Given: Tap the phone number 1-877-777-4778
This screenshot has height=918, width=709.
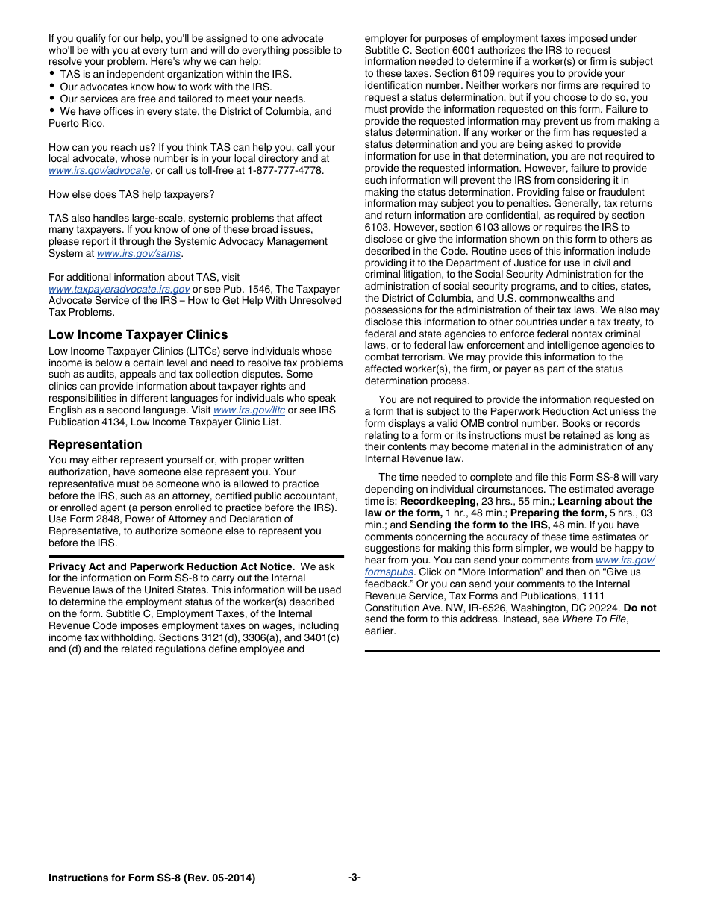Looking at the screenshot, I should pyautogui.click(x=284, y=171).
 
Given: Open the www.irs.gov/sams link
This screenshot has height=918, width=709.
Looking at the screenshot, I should pyautogui.click(x=139, y=254).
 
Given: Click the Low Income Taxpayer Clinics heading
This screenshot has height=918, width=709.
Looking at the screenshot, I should pyautogui.click(x=138, y=334).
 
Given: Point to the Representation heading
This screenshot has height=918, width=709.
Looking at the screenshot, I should pyautogui.click(x=95, y=444).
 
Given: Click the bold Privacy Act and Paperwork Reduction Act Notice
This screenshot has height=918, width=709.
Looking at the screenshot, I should pyautogui.click(x=171, y=566).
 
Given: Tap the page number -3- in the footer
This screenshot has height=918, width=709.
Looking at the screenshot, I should pyautogui.click(x=354, y=878).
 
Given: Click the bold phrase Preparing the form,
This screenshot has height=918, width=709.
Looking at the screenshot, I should pyautogui.click(x=558, y=513).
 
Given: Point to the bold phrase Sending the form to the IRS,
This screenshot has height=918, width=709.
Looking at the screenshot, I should pyautogui.click(x=479, y=525).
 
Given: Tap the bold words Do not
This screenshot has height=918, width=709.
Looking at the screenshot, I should pyautogui.click(x=640, y=608).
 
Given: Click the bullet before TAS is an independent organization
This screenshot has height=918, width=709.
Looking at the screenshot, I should pyautogui.click(x=51, y=75).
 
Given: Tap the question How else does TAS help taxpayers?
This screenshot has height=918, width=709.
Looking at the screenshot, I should pyautogui.click(x=131, y=195).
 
